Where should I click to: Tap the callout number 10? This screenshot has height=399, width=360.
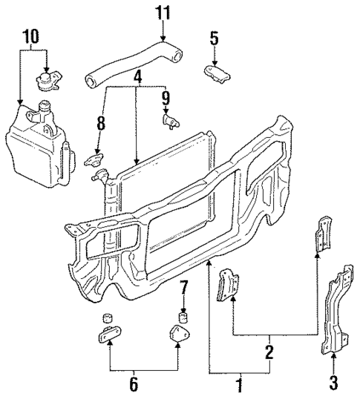click(30, 35)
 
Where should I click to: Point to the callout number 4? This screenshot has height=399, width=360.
click(137, 77)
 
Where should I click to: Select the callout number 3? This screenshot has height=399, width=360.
click(333, 383)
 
